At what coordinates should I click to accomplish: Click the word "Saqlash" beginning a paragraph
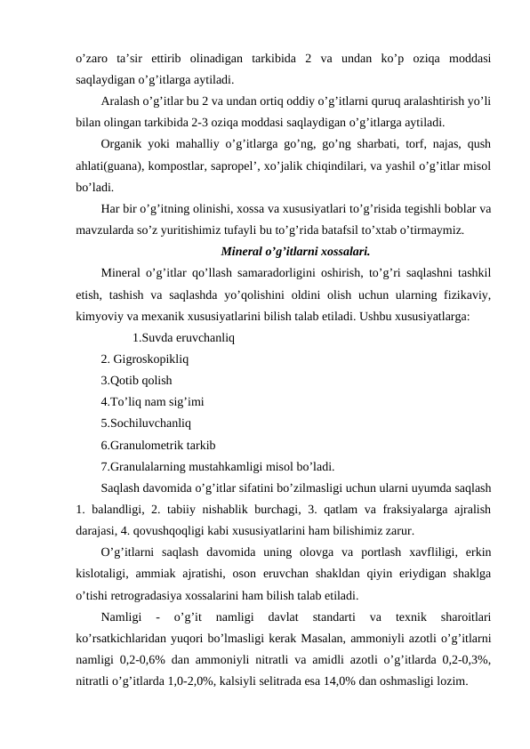[123, 487]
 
